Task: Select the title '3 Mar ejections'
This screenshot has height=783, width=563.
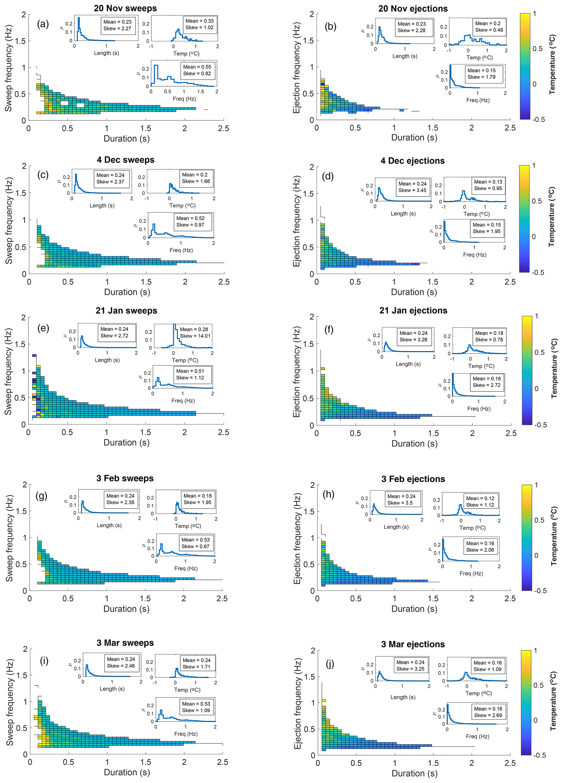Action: [x=413, y=644]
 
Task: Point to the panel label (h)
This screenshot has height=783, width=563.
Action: [x=328, y=494]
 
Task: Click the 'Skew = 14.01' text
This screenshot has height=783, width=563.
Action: [x=195, y=336]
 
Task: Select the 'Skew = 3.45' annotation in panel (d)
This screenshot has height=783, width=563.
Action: [x=412, y=190]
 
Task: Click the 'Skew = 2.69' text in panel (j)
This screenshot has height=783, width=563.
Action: [x=488, y=715]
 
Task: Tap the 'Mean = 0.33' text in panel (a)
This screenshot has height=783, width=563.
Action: [x=199, y=21]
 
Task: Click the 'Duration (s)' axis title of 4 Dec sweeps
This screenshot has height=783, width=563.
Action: [x=127, y=292]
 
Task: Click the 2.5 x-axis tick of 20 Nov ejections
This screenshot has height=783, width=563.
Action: [x=510, y=127]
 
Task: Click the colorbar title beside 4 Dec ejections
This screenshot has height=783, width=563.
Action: [x=552, y=217]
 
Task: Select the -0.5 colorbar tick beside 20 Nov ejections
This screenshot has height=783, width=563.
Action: [x=538, y=119]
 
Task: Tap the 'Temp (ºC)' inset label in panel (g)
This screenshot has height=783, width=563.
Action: [x=188, y=526]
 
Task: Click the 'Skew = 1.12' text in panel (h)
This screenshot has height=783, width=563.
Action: [x=480, y=505]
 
